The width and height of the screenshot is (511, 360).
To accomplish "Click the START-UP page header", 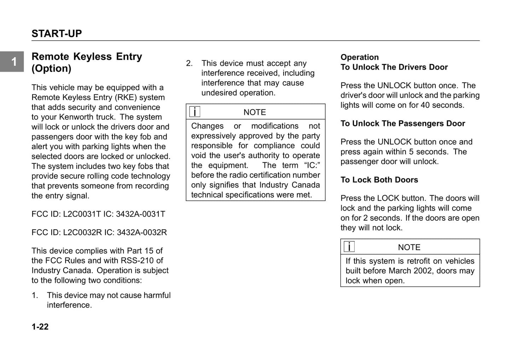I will (x=57, y=34).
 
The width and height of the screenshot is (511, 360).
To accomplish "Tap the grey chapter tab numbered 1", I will (x=12, y=62).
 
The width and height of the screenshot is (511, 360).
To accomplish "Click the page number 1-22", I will (x=40, y=327).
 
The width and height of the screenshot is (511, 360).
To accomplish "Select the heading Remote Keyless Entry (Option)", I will (x=87, y=62).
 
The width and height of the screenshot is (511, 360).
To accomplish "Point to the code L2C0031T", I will (x=82, y=214).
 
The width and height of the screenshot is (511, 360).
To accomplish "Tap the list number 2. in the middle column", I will (x=190, y=63).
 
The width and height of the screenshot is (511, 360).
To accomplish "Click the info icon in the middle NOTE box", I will (x=195, y=112).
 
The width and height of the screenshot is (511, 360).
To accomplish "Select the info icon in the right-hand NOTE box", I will (x=349, y=247).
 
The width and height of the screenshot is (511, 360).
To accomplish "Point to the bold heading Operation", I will (x=360, y=57).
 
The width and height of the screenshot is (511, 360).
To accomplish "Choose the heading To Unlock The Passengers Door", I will (x=403, y=124).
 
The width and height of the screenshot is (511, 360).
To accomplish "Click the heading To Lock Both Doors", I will (x=379, y=180).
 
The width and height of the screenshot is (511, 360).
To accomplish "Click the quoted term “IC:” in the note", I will (x=312, y=165).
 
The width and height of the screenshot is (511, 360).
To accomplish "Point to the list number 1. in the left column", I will (x=35, y=295).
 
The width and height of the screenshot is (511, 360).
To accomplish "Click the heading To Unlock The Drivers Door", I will (x=394, y=67).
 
